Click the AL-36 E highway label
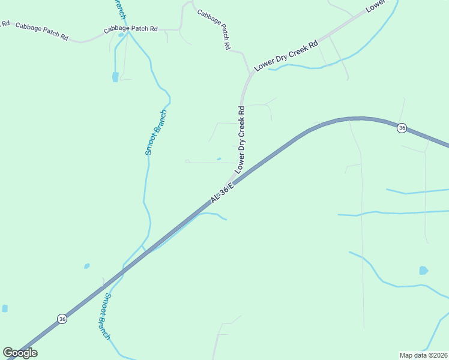[221, 193]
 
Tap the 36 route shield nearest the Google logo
[62, 319]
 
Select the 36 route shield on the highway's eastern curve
[402, 128]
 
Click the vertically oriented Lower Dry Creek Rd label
[242, 140]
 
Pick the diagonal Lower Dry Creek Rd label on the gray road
[286, 57]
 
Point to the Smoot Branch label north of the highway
[155, 133]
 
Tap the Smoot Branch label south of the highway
[105, 316]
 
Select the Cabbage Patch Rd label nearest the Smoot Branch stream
[130, 29]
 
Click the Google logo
[20, 352]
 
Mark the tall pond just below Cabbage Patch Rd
[115, 77]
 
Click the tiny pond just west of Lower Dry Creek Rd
[218, 159]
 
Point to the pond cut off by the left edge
[5, 308]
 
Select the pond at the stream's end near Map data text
[424, 271]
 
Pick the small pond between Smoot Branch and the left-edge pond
[87, 266]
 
